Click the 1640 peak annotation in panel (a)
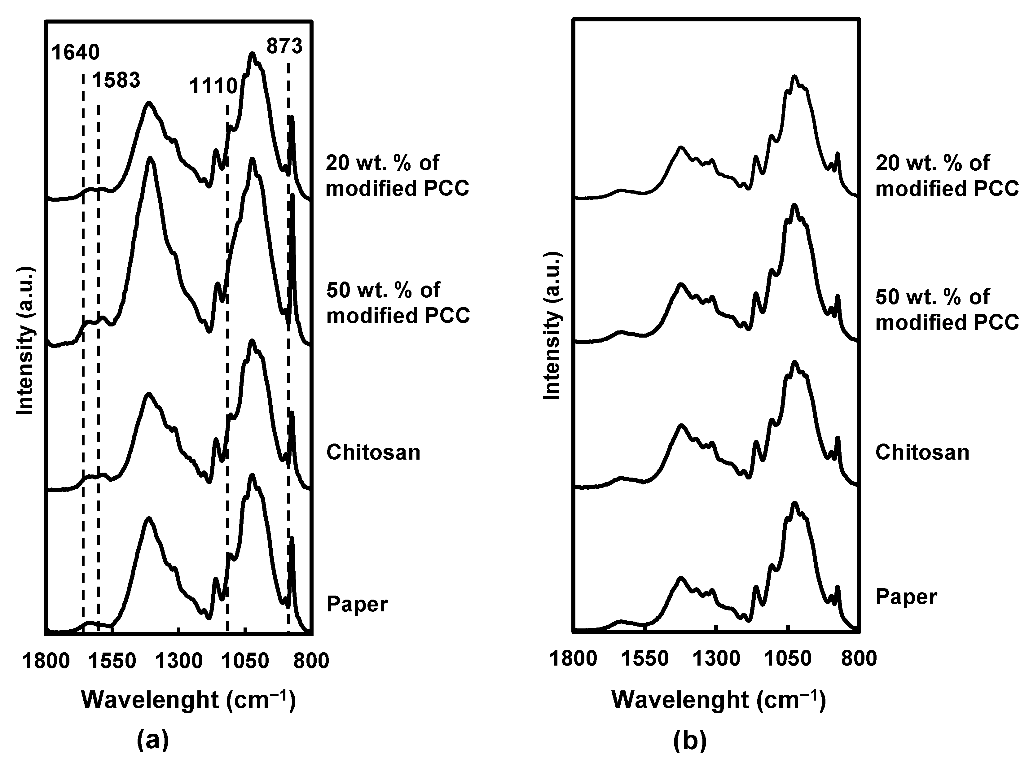coord(76,53)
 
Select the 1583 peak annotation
coord(116,81)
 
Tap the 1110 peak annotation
coord(213,86)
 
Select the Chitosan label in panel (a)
coord(373,452)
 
